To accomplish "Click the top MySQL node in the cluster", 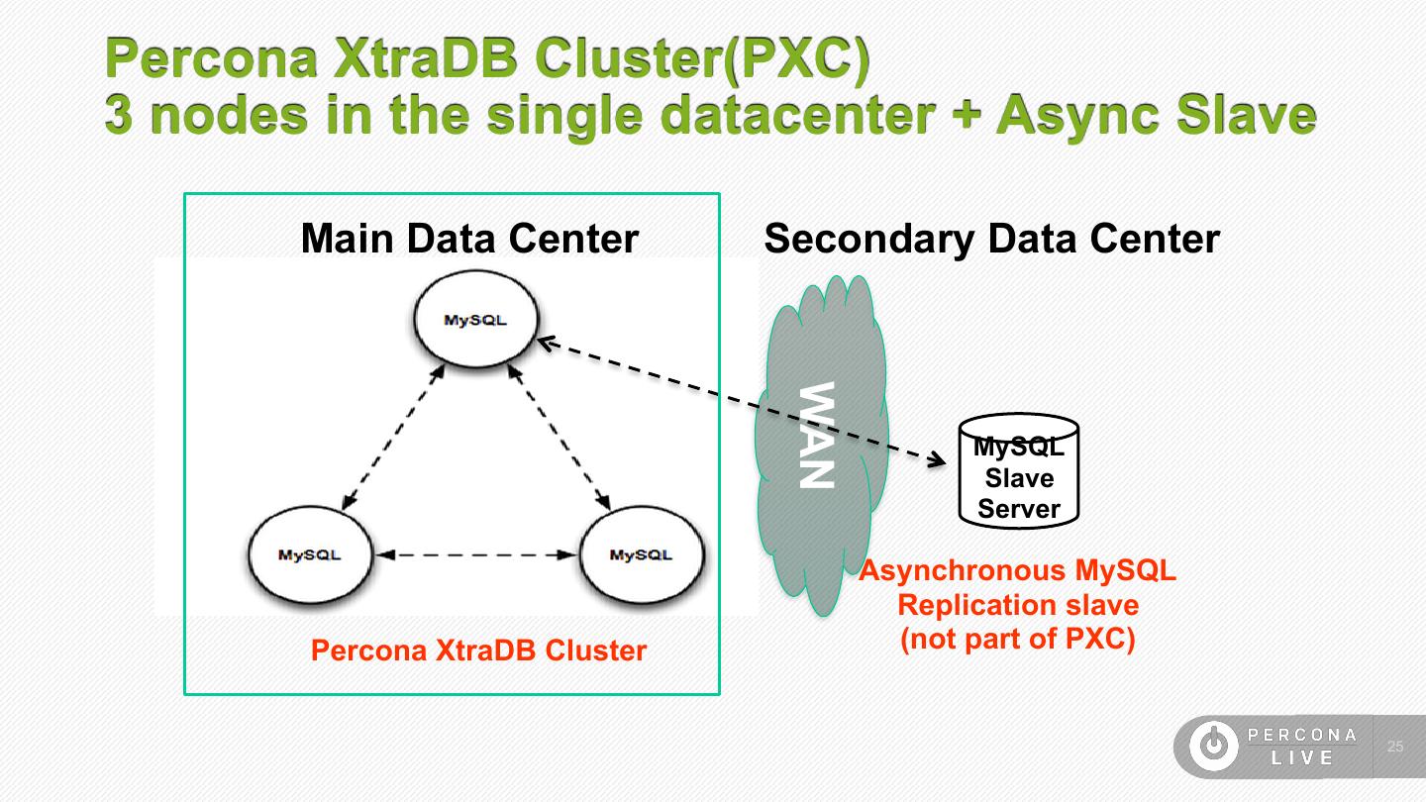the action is (x=476, y=319).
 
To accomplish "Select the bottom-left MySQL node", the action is (x=310, y=554).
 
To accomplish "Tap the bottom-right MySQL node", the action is (x=642, y=554).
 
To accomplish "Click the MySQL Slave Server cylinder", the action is (x=1019, y=471).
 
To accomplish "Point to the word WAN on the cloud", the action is (x=817, y=436).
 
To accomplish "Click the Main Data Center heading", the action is (x=469, y=239).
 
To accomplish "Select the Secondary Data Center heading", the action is (x=992, y=239).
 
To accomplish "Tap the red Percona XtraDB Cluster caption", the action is (x=478, y=651).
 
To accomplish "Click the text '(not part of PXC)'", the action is (x=1018, y=639).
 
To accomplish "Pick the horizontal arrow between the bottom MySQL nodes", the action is (x=476, y=555).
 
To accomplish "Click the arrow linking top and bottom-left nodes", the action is (x=393, y=438).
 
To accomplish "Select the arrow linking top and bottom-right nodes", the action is (x=559, y=438).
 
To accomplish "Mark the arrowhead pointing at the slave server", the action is (x=937, y=459).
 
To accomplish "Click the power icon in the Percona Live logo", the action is (x=1214, y=746).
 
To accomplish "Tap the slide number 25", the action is (x=1395, y=746).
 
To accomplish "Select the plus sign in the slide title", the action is (x=967, y=113).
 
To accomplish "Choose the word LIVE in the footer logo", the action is (x=1302, y=757).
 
